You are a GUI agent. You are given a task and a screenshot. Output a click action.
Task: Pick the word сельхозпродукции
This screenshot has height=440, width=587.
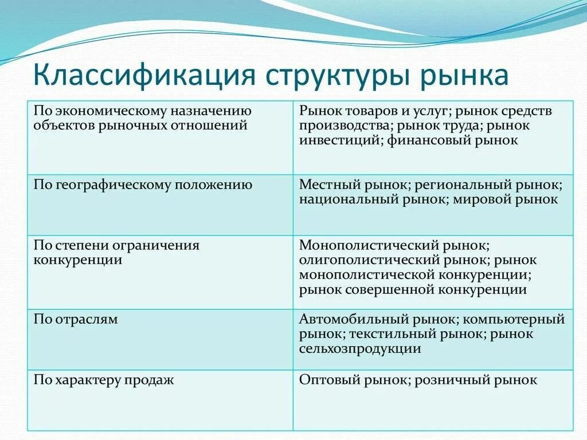[x=360, y=349]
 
